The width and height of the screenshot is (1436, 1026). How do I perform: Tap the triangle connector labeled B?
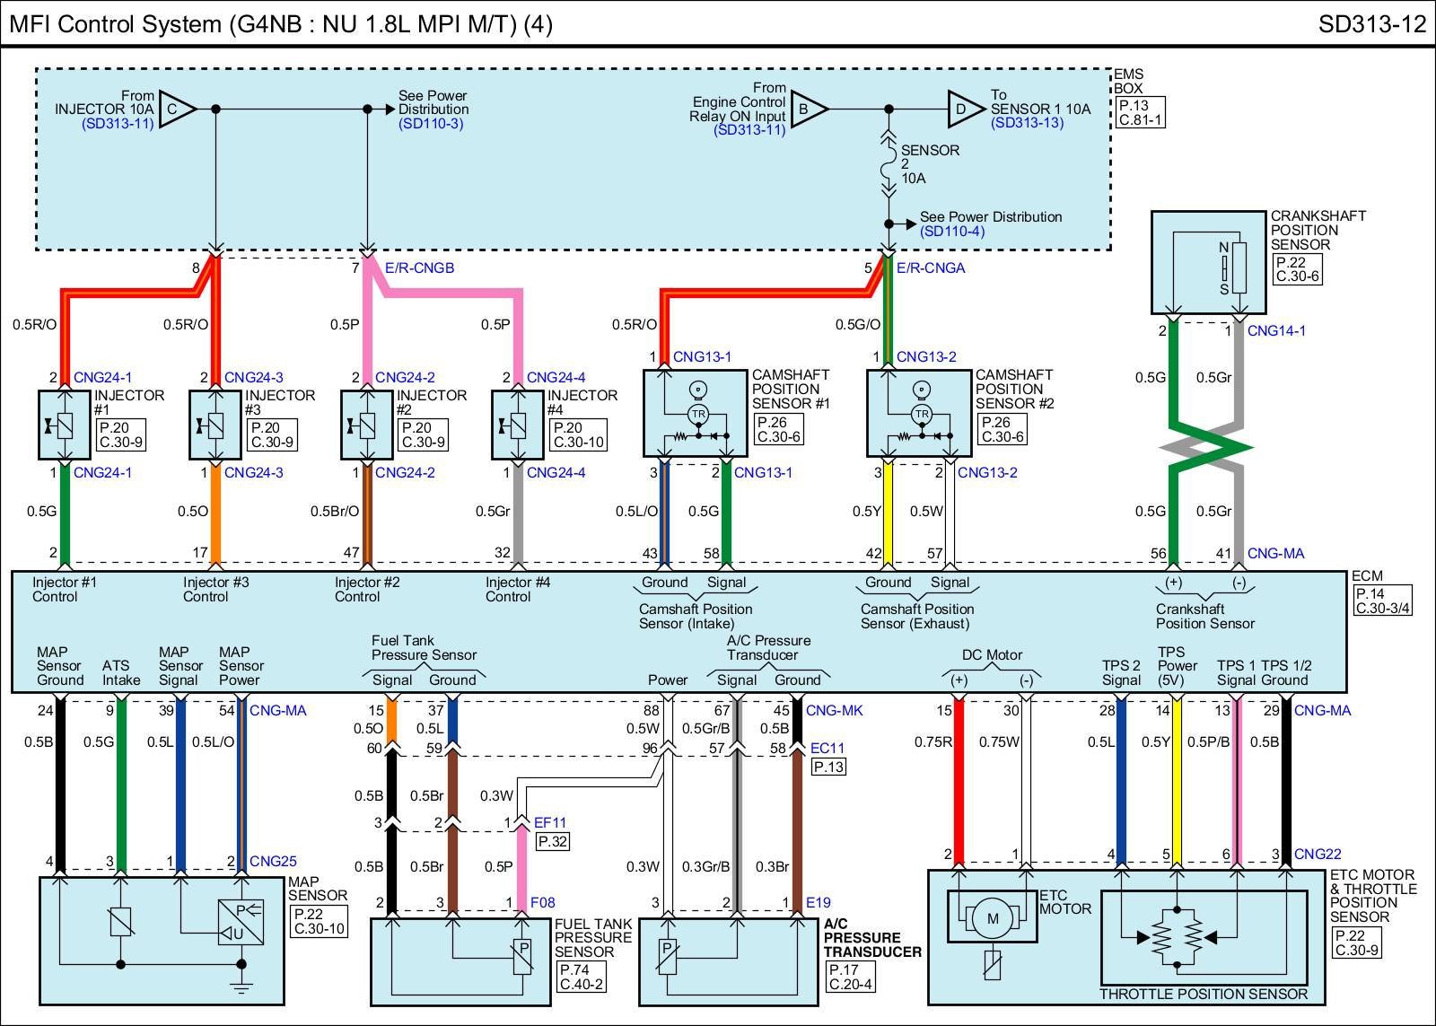pos(805,110)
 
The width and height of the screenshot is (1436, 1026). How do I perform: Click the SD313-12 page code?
pos(1371,23)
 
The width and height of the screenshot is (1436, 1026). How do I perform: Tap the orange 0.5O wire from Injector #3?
pos(215,512)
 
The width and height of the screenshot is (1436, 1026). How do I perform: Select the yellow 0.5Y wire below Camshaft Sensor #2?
pos(888,512)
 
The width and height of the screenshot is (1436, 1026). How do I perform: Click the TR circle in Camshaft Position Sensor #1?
pos(697,413)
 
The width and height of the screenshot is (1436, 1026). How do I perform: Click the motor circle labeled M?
pos(993,918)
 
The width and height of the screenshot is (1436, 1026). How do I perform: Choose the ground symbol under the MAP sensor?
pos(241,987)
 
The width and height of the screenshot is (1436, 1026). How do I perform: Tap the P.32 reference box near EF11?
pos(552,841)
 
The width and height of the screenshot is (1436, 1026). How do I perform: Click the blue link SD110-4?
pos(952,232)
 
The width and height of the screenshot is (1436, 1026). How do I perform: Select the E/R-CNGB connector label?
pos(419,267)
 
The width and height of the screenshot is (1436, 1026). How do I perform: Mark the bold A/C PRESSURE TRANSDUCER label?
pos(872,945)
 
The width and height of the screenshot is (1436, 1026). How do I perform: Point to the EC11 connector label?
pos(827,748)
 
